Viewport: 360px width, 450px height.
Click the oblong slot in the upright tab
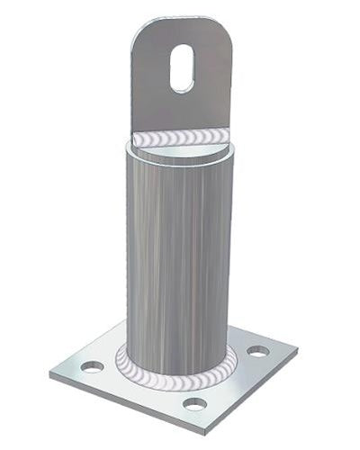click(x=182, y=68)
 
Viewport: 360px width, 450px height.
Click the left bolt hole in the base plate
click(x=92, y=366)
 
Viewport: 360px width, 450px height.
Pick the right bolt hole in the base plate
click(x=258, y=351)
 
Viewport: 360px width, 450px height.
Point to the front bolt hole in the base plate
click(x=194, y=403)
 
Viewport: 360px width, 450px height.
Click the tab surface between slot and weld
click(x=182, y=110)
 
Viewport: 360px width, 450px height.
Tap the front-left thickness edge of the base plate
click(x=126, y=403)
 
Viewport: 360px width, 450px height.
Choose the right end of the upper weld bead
click(x=226, y=135)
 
